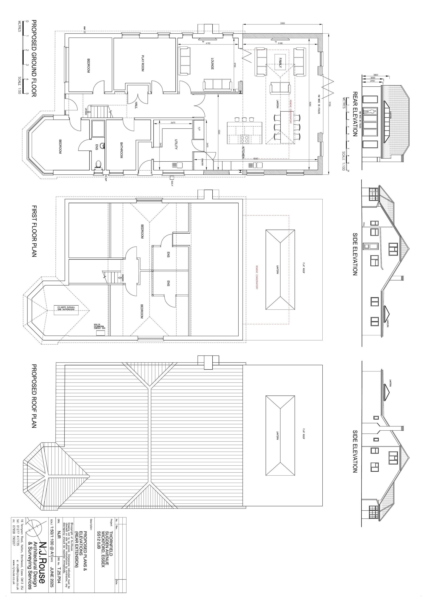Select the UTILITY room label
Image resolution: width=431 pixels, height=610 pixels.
(x=176, y=144)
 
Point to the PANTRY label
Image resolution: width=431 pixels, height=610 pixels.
(x=202, y=162)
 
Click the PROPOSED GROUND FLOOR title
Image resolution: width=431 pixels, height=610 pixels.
(x=34, y=58)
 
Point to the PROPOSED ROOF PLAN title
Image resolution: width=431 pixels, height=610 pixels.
(x=34, y=396)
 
